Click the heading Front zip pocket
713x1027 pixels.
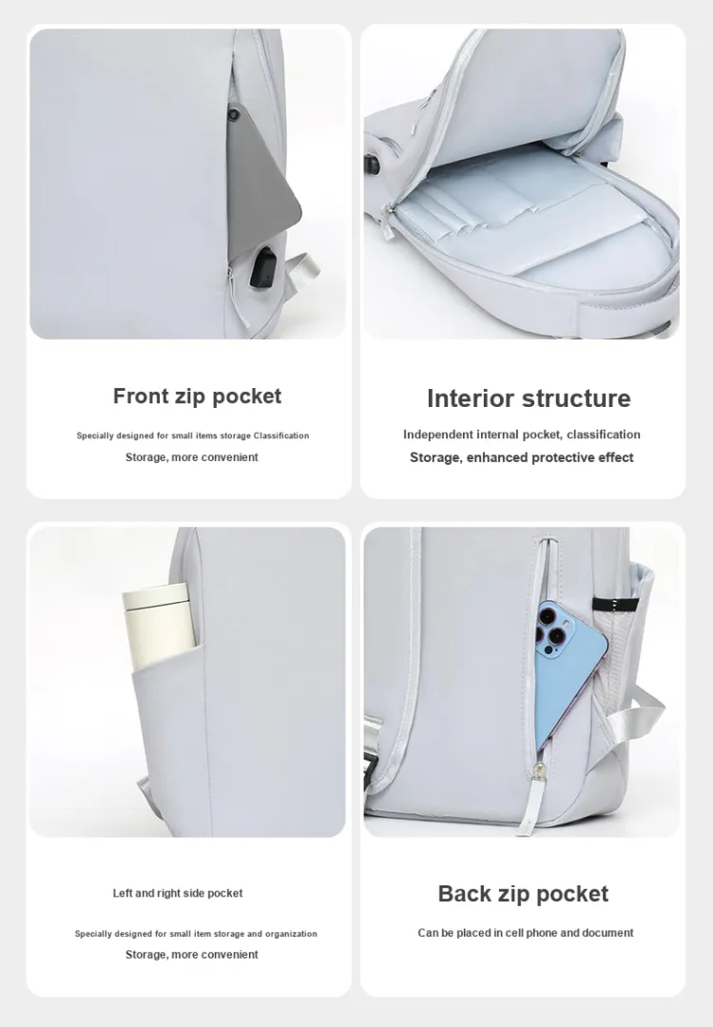[197, 397]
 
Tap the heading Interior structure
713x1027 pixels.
[529, 398]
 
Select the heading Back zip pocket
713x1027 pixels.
[523, 893]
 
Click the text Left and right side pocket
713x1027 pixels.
[178, 893]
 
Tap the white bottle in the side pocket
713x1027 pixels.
[159, 627]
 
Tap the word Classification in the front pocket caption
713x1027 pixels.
[280, 436]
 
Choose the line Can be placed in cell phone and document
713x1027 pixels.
[525, 933]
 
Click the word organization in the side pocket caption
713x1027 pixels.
[291, 934]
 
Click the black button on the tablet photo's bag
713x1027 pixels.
[234, 115]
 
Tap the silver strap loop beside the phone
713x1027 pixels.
[634, 720]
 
